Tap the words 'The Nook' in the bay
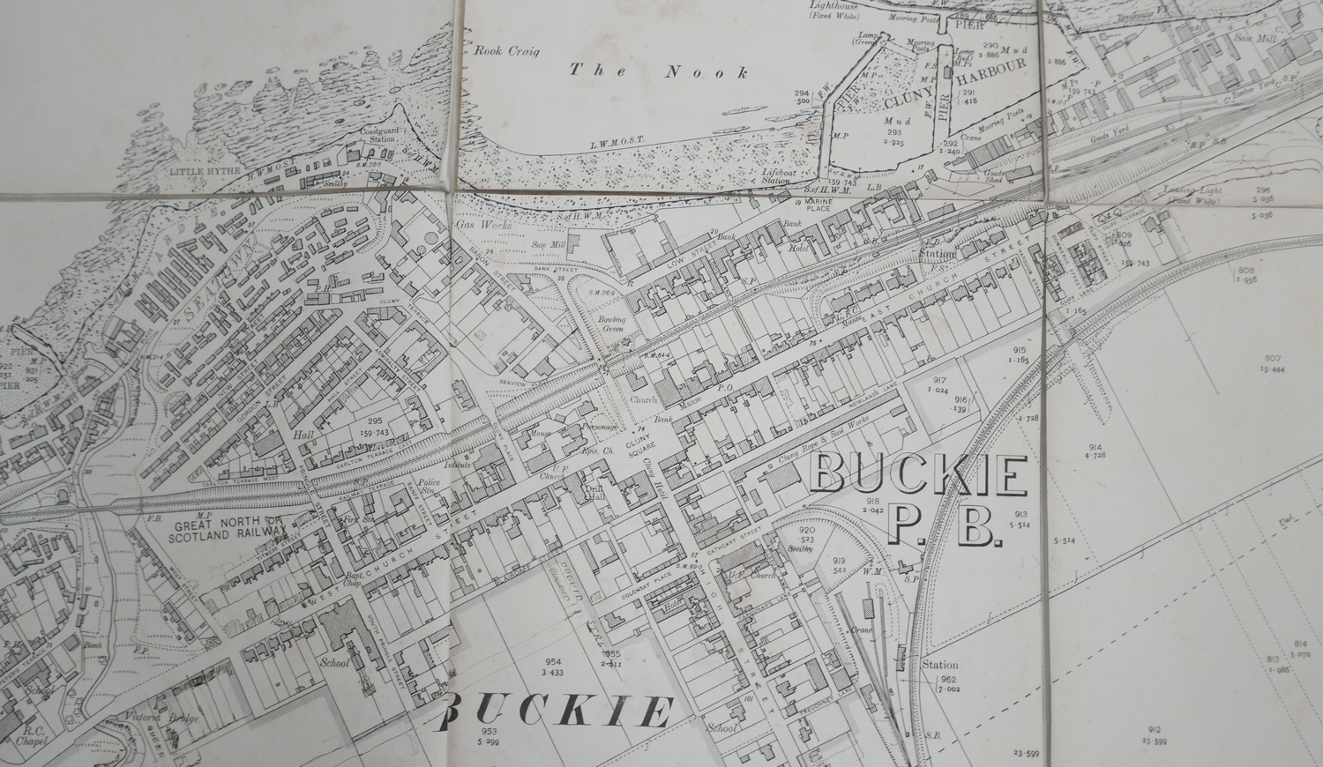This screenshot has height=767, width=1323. [658, 71]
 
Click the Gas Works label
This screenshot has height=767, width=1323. [472, 226]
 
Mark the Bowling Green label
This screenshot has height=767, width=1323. [610, 324]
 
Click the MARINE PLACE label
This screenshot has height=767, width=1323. [816, 205]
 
